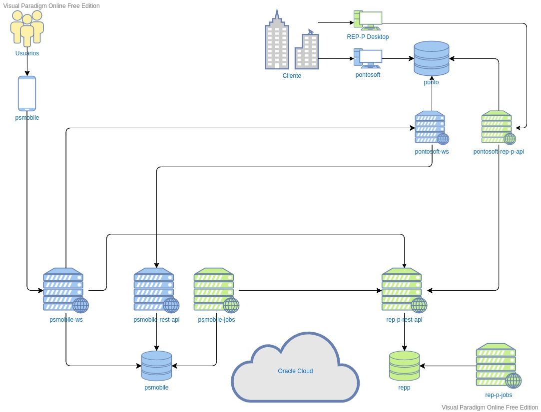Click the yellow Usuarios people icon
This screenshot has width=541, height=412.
[27, 28]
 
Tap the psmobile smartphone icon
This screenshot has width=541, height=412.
[27, 93]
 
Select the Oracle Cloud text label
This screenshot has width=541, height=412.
[295, 371]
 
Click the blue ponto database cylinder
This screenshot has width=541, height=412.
[431, 58]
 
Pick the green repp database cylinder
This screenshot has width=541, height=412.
[404, 366]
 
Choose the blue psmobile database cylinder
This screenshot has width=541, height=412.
[156, 366]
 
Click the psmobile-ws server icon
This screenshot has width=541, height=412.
[65, 290]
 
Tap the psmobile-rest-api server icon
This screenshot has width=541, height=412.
[156, 290]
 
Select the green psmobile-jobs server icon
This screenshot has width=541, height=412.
[216, 290]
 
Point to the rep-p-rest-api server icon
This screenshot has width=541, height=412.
[404, 290]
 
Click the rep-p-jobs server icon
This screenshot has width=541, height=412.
[499, 366]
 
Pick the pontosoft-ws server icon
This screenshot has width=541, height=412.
[432, 128]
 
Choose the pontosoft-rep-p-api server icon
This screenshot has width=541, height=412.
[499, 128]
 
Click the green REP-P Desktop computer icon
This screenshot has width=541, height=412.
[368, 20]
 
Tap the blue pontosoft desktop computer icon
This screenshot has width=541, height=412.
[368, 58]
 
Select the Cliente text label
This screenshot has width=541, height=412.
[292, 76]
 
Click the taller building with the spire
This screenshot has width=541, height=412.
[277, 38]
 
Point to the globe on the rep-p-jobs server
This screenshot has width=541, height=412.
[514, 381]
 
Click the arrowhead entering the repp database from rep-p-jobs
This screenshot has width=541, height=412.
[422, 366]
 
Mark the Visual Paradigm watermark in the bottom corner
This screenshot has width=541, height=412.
[490, 408]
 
